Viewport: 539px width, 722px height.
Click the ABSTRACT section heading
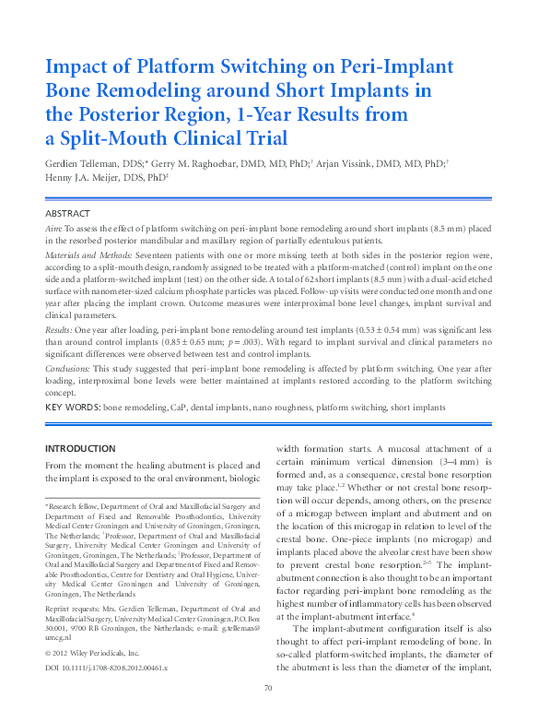point(69,213)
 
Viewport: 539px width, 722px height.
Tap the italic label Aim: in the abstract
point(54,227)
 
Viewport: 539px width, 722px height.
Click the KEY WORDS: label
point(73,407)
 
